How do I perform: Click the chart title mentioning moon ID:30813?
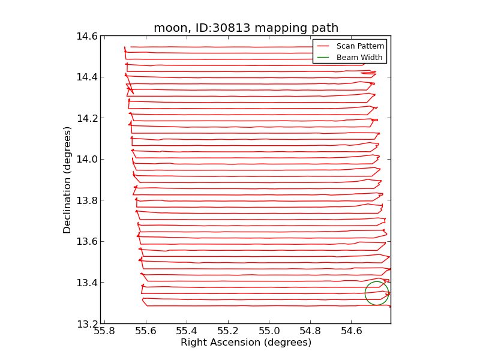pos(246,28)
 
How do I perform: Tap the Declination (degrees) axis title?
pos(68,180)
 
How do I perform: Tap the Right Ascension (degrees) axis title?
pos(246,343)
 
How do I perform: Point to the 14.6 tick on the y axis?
pos(87,36)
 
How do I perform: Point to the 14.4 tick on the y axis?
pos(87,77)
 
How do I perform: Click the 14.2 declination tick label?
pos(87,118)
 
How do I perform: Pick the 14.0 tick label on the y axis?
pos(87,160)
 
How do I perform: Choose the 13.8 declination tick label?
pos(87,200)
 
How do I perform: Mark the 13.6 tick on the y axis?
pos(87,242)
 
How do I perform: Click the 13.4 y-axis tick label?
pos(87,283)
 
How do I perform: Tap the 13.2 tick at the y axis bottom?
pos(87,324)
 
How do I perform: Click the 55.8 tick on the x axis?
pos(104,331)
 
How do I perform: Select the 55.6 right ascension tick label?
pos(146,331)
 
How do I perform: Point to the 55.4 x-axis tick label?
pos(187,331)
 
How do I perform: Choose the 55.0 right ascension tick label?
pos(269,331)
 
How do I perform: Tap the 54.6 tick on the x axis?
pos(351,331)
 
